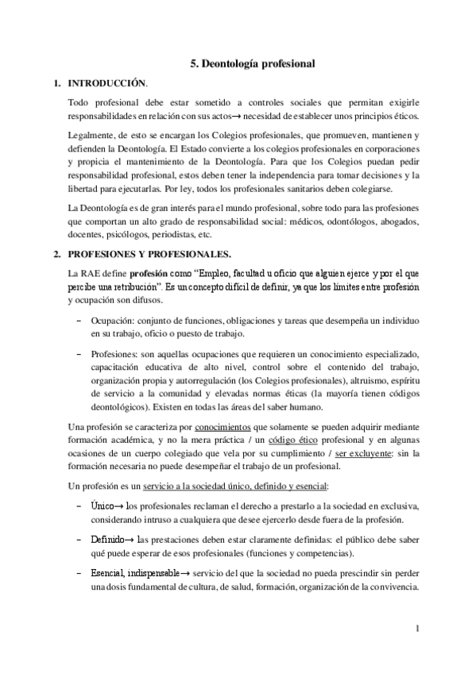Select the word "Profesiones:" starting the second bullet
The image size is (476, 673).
tap(117, 353)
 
